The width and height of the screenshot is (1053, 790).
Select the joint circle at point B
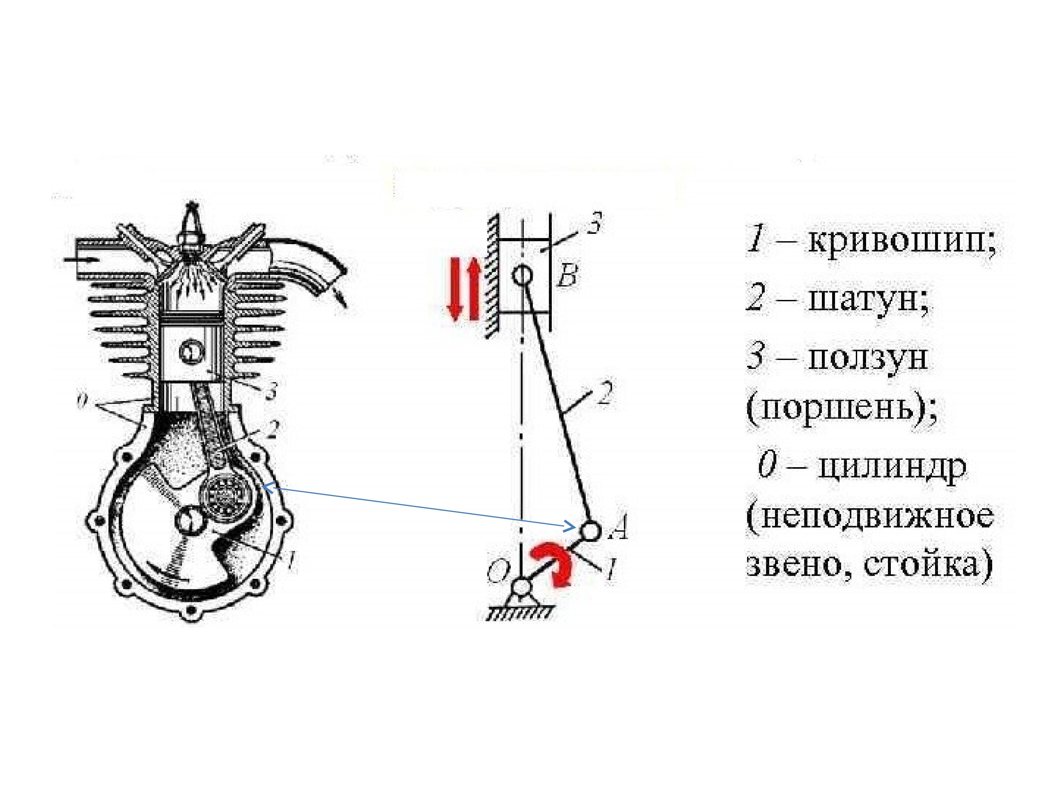click(x=522, y=275)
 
